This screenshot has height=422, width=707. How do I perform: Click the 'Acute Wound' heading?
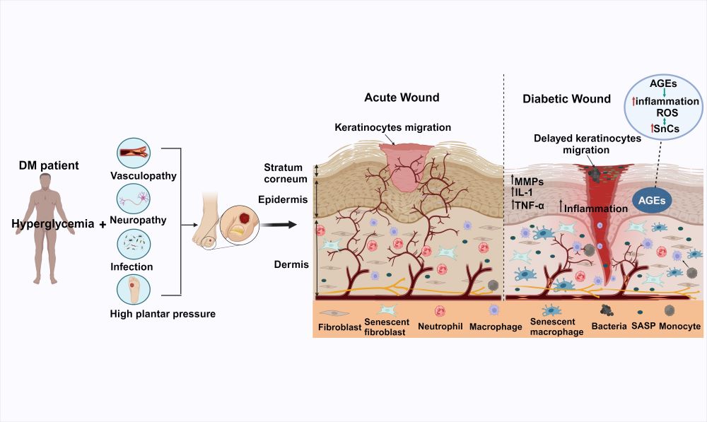click(x=402, y=98)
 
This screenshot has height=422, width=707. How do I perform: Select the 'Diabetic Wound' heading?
click(x=566, y=99)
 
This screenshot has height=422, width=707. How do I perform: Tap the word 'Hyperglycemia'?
click(x=53, y=224)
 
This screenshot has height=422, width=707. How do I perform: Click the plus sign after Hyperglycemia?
click(x=103, y=225)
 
